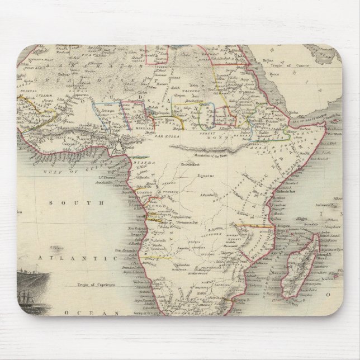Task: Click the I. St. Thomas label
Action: pyautogui.click(x=107, y=178)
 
